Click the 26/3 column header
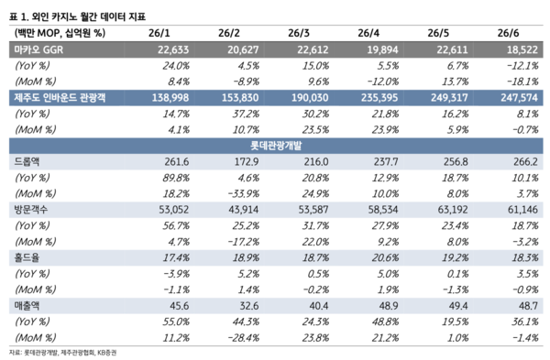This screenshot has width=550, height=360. pos(299,33)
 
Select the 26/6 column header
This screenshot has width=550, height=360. pos(508,33)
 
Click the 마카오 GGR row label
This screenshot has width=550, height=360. pos(38,49)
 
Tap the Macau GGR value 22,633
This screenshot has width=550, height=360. pos(173,49)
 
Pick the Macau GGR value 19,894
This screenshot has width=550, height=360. pos(382,49)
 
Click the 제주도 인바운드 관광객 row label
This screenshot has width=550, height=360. pos(60,97)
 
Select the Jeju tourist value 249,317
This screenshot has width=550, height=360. pos(449,97)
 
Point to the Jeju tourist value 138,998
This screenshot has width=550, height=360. pos(170,97)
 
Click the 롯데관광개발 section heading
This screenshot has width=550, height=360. pos(276,146)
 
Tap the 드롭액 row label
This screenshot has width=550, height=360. pos(27,161)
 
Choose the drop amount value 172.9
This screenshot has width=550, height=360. pos(247,161)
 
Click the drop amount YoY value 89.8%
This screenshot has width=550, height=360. pos(176,178)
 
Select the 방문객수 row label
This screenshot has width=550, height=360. pos(31,210)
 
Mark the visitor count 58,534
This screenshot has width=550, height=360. pos(383,210)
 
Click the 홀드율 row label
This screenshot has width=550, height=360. pos(27,257)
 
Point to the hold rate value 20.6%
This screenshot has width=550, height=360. pos(386,257)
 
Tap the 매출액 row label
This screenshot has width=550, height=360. pos(27,306)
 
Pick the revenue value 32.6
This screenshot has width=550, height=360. pos(249,306)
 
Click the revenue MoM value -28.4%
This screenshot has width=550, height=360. pos(244,338)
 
